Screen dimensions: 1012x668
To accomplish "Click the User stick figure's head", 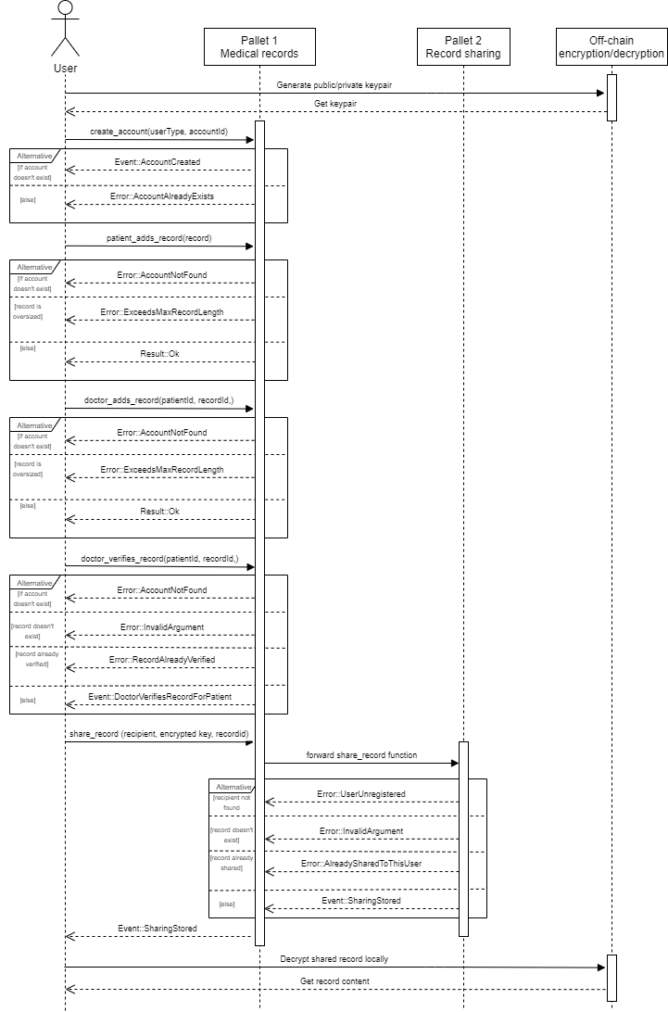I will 65,9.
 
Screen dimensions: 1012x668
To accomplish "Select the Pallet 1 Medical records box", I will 259,46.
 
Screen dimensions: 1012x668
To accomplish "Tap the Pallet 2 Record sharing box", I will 463,46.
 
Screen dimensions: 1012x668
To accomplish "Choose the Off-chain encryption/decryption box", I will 612,46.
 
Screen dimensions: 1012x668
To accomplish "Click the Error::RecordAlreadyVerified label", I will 162,659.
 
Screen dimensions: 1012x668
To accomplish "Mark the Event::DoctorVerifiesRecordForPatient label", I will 160,695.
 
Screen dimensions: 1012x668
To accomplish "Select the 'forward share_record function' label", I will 361,755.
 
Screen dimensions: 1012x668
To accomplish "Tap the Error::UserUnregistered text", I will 361,794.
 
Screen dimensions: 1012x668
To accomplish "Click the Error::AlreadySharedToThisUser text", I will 361,864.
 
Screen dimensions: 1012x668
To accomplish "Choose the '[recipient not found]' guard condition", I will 232,803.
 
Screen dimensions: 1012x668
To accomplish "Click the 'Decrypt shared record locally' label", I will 334,959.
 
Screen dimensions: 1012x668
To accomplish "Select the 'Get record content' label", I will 334,980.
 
